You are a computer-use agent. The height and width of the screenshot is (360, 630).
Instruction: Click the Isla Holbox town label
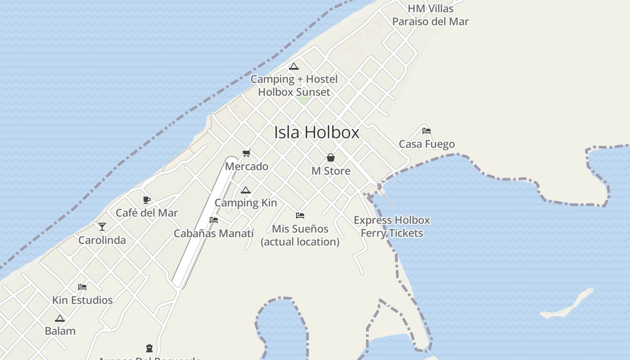(317, 132)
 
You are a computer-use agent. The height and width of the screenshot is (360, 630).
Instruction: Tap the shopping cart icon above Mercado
(246, 153)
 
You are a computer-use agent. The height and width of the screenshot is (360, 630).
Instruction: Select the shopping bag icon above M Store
(331, 157)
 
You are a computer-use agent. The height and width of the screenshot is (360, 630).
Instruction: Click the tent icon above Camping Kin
(245, 190)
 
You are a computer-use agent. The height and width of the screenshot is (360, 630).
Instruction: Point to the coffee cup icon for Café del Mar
(146, 200)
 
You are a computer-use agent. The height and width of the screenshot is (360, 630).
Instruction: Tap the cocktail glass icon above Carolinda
(102, 227)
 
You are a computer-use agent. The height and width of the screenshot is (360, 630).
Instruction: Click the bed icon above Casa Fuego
(427, 131)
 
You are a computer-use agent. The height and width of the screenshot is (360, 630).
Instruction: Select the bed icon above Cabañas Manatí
(214, 220)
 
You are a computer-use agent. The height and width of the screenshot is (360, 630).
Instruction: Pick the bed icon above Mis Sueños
(300, 216)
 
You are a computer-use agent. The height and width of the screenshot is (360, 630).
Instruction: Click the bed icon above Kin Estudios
(82, 287)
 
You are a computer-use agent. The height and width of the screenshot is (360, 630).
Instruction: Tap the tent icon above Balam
(60, 318)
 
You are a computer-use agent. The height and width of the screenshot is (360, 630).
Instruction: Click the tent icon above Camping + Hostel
(294, 67)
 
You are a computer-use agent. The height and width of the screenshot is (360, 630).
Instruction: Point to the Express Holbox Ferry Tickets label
(392, 226)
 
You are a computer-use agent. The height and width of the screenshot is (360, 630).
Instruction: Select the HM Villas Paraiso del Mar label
(430, 15)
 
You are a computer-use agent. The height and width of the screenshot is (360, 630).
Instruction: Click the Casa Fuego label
(427, 144)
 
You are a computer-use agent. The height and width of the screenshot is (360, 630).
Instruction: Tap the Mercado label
(247, 166)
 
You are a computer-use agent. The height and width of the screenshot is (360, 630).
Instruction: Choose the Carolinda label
(102, 240)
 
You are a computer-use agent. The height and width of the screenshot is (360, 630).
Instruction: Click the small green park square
(303, 99)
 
